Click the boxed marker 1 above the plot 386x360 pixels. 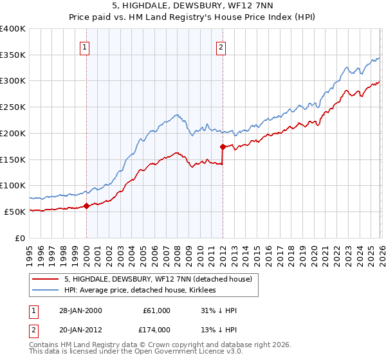86,46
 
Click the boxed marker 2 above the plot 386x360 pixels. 221,46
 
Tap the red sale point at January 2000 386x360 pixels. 86,206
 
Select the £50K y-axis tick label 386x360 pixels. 14,212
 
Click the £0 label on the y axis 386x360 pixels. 21,238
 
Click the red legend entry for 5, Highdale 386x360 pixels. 161,278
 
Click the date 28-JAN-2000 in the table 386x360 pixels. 79,310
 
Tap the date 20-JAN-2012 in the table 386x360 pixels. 79,329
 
